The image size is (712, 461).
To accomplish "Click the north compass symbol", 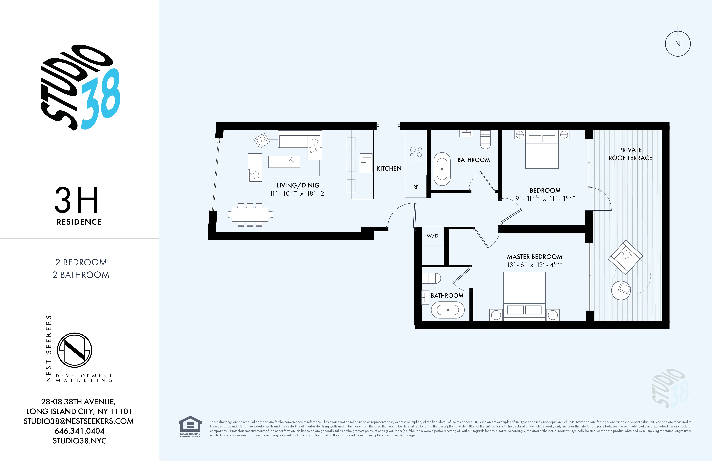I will [678, 44].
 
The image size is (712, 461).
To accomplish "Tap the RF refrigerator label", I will [416, 187].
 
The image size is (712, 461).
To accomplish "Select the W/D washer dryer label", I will [432, 236].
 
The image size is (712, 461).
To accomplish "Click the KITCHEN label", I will [389, 168].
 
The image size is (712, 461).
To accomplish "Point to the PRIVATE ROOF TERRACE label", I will [630, 154].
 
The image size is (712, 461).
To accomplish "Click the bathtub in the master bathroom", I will [448, 310].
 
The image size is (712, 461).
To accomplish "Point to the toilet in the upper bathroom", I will [485, 140].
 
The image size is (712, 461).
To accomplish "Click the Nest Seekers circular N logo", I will [75, 350].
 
